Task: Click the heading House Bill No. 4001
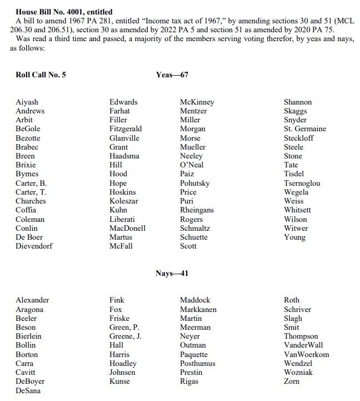64,12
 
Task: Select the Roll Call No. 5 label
41,75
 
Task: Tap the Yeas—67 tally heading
172,75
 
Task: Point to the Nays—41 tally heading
172,273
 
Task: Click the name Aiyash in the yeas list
27,102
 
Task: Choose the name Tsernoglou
302,183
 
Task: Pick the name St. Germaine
304,128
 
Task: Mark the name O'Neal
192,165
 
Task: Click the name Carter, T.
31,192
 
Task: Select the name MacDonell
127,228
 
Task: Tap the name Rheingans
197,210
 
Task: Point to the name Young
294,237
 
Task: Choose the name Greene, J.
125,336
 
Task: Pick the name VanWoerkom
306,354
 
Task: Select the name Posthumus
197,363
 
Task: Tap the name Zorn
292,382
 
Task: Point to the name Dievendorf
34,246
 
